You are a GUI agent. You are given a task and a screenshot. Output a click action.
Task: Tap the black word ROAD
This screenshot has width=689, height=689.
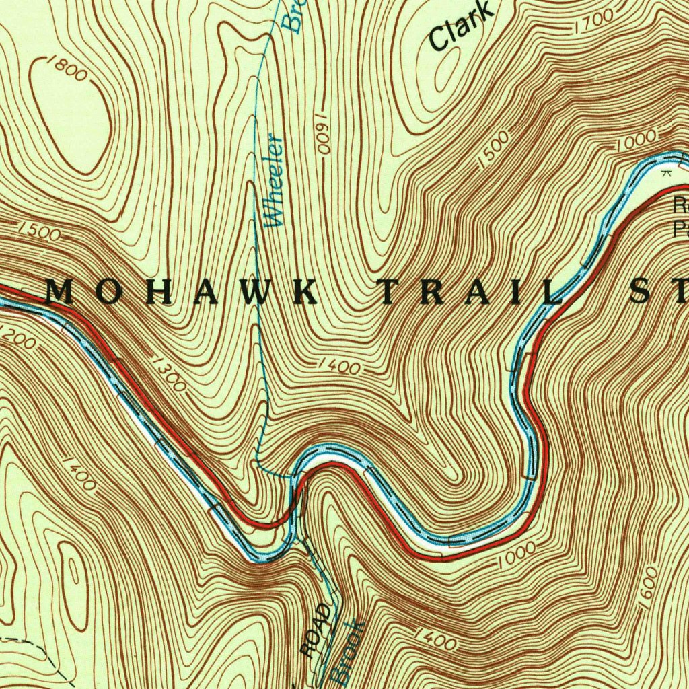pos(316,630)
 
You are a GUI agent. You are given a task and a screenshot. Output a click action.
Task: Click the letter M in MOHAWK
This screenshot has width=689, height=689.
pos(60,292)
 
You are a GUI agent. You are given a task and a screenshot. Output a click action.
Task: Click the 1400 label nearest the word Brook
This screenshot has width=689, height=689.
pos(435,640)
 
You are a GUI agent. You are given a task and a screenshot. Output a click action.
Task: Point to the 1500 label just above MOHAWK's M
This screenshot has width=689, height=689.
pos(40,232)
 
